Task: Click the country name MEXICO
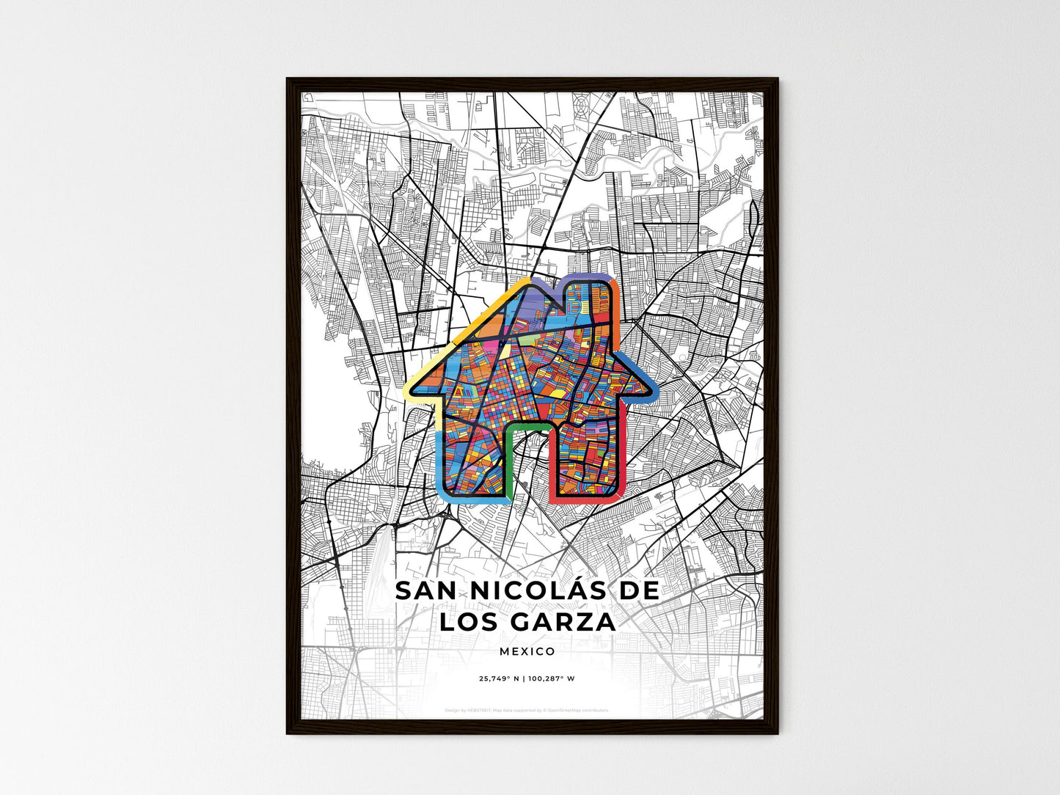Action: (x=527, y=651)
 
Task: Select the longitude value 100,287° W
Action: (x=551, y=678)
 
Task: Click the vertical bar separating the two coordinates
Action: (x=523, y=678)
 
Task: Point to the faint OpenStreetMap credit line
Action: (x=527, y=710)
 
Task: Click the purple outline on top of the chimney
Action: (x=587, y=278)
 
